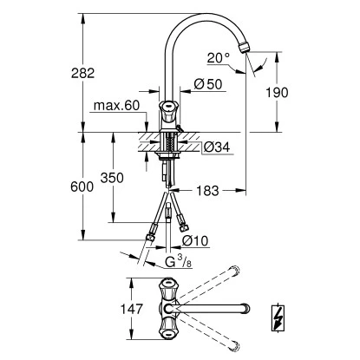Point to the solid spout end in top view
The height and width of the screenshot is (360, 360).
coord(245,308)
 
